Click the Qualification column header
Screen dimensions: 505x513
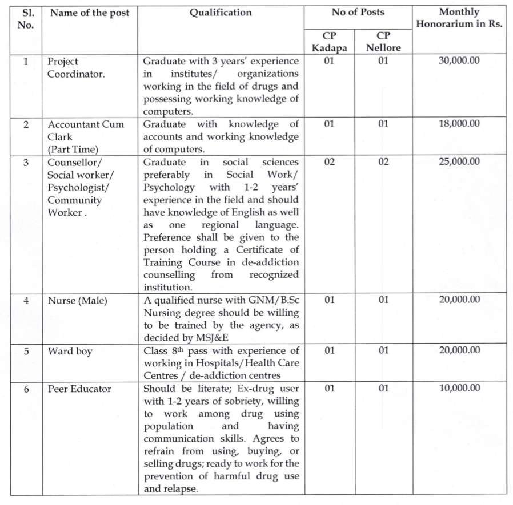click(221, 13)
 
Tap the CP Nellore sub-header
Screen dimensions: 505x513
click(383, 41)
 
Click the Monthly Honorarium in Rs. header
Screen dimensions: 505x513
click(459, 18)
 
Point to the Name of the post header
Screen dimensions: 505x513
click(90, 13)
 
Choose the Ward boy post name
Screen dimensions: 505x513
click(70, 350)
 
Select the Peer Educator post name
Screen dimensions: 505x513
click(79, 389)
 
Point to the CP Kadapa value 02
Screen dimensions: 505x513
click(329, 162)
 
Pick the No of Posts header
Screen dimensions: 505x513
click(358, 13)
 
